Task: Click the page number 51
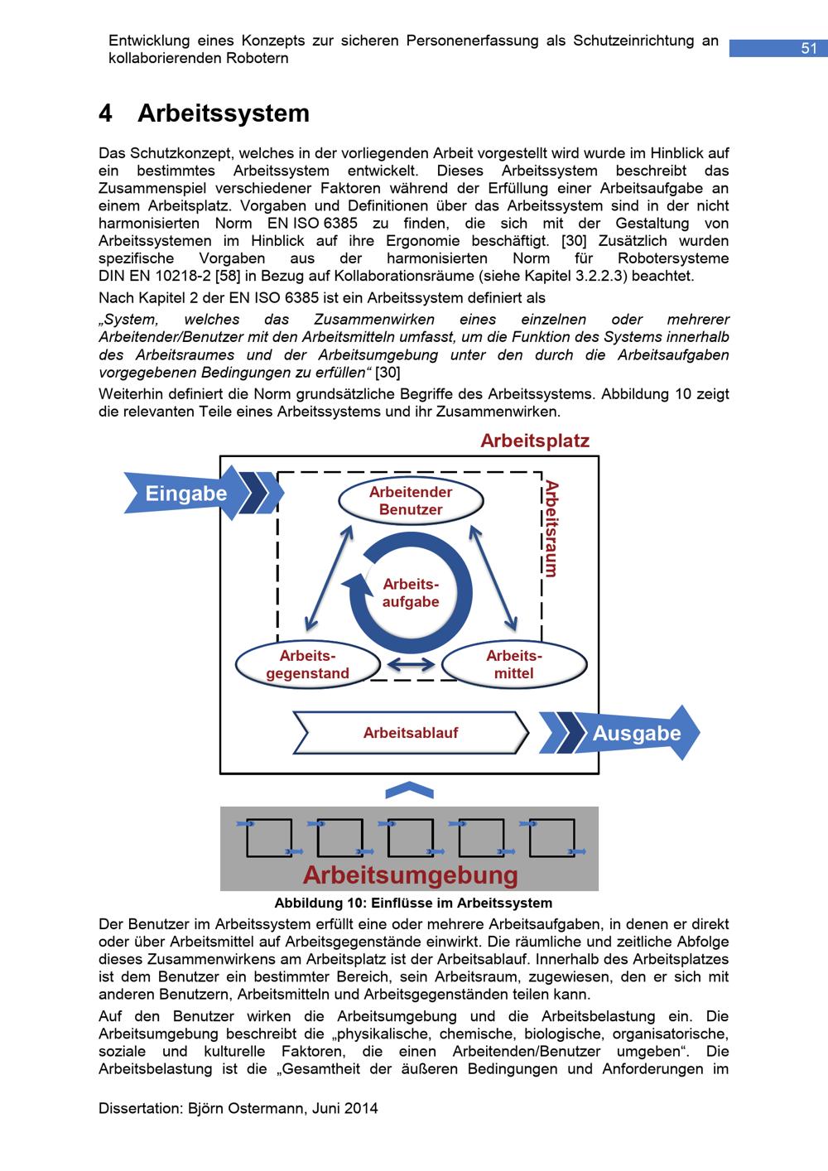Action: tap(808, 49)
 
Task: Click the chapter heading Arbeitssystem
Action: tap(223, 113)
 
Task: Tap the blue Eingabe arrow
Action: tap(186, 494)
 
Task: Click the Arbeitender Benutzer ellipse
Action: tap(411, 501)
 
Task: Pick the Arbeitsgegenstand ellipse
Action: tap(307, 665)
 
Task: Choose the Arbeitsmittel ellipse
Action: tap(513, 665)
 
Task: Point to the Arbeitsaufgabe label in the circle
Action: tap(411, 593)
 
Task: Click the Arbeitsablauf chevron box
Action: tap(411, 733)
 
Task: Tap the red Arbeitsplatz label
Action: tap(535, 441)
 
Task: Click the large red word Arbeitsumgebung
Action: tap(410, 875)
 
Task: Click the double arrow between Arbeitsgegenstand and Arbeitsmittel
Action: tap(411, 664)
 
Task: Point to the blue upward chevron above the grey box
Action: tap(409, 791)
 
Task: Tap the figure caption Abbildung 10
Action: tap(413, 903)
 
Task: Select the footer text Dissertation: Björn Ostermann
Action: tap(238, 1108)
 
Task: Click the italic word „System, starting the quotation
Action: tap(133, 320)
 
